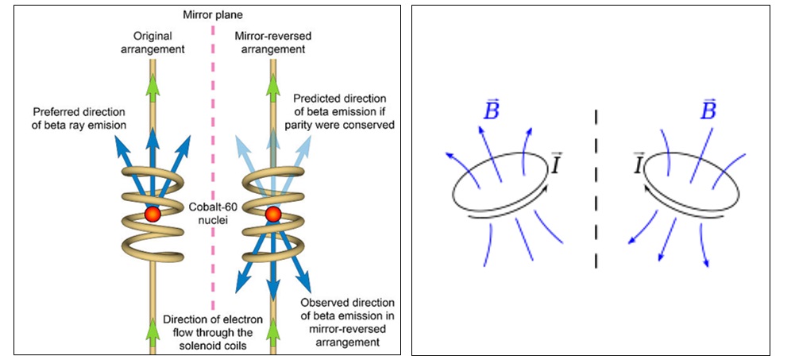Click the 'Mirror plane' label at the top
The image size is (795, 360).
click(x=213, y=14)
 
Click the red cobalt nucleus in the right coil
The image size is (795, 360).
click(x=273, y=215)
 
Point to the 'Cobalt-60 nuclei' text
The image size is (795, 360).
click(x=213, y=212)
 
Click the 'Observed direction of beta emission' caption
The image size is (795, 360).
click(x=347, y=322)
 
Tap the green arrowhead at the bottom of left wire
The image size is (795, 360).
click(x=152, y=327)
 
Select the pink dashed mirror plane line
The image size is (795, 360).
click(x=213, y=159)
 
